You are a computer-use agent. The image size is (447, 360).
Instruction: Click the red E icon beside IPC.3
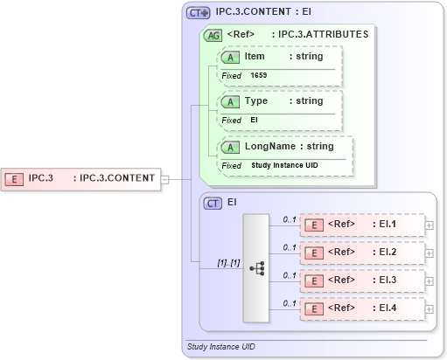coord(15,179)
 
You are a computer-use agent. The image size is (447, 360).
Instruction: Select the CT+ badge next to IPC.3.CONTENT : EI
coord(199,13)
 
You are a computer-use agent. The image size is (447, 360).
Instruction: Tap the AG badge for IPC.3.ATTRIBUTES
coord(213,36)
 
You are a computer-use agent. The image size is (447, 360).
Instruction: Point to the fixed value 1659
coord(259,76)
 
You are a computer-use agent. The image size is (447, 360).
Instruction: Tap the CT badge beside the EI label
coord(213,203)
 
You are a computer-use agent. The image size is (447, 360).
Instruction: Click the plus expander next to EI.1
coord(429,225)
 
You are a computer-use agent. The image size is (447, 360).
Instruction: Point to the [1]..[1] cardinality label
coord(228,262)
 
